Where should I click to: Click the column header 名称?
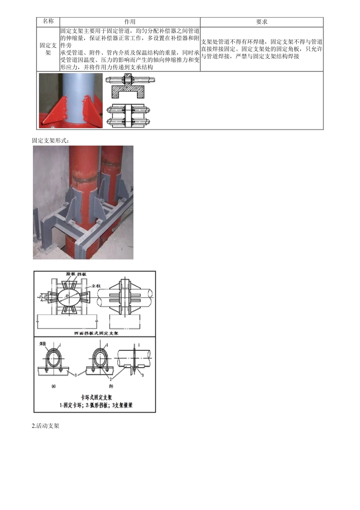click(48, 22)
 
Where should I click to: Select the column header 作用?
click(130, 22)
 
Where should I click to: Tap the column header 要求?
click(261, 22)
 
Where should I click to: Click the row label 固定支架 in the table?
click(48, 49)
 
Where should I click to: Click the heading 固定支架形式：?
click(51, 141)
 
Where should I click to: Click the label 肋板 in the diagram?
click(70, 274)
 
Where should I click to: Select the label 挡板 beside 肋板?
click(81, 274)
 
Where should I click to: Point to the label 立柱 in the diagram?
click(96, 286)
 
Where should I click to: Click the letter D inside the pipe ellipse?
click(67, 295)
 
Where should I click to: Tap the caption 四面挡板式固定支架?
click(96, 333)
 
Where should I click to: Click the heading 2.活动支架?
click(45, 426)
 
